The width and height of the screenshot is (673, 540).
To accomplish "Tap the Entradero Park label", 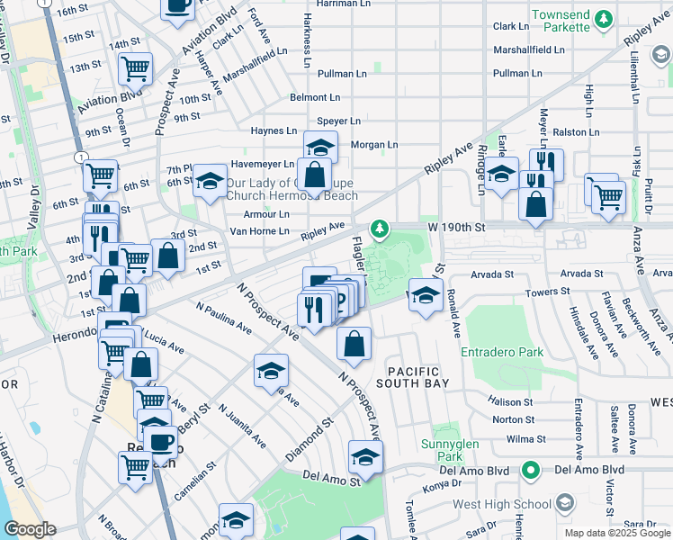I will click(x=502, y=353).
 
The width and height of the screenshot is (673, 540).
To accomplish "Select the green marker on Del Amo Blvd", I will click(x=531, y=470).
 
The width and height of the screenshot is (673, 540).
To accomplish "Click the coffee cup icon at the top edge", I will click(x=177, y=6).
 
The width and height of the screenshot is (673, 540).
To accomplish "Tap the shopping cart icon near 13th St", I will click(x=135, y=67).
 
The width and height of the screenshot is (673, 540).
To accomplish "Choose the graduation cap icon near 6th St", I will click(x=210, y=182).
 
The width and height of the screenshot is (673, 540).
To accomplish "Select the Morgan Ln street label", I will click(x=373, y=144).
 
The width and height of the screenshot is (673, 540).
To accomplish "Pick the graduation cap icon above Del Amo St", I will click(x=365, y=457).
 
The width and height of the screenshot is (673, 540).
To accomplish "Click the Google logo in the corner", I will click(x=31, y=530).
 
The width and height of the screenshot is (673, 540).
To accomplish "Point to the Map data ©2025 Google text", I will click(x=616, y=533).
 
